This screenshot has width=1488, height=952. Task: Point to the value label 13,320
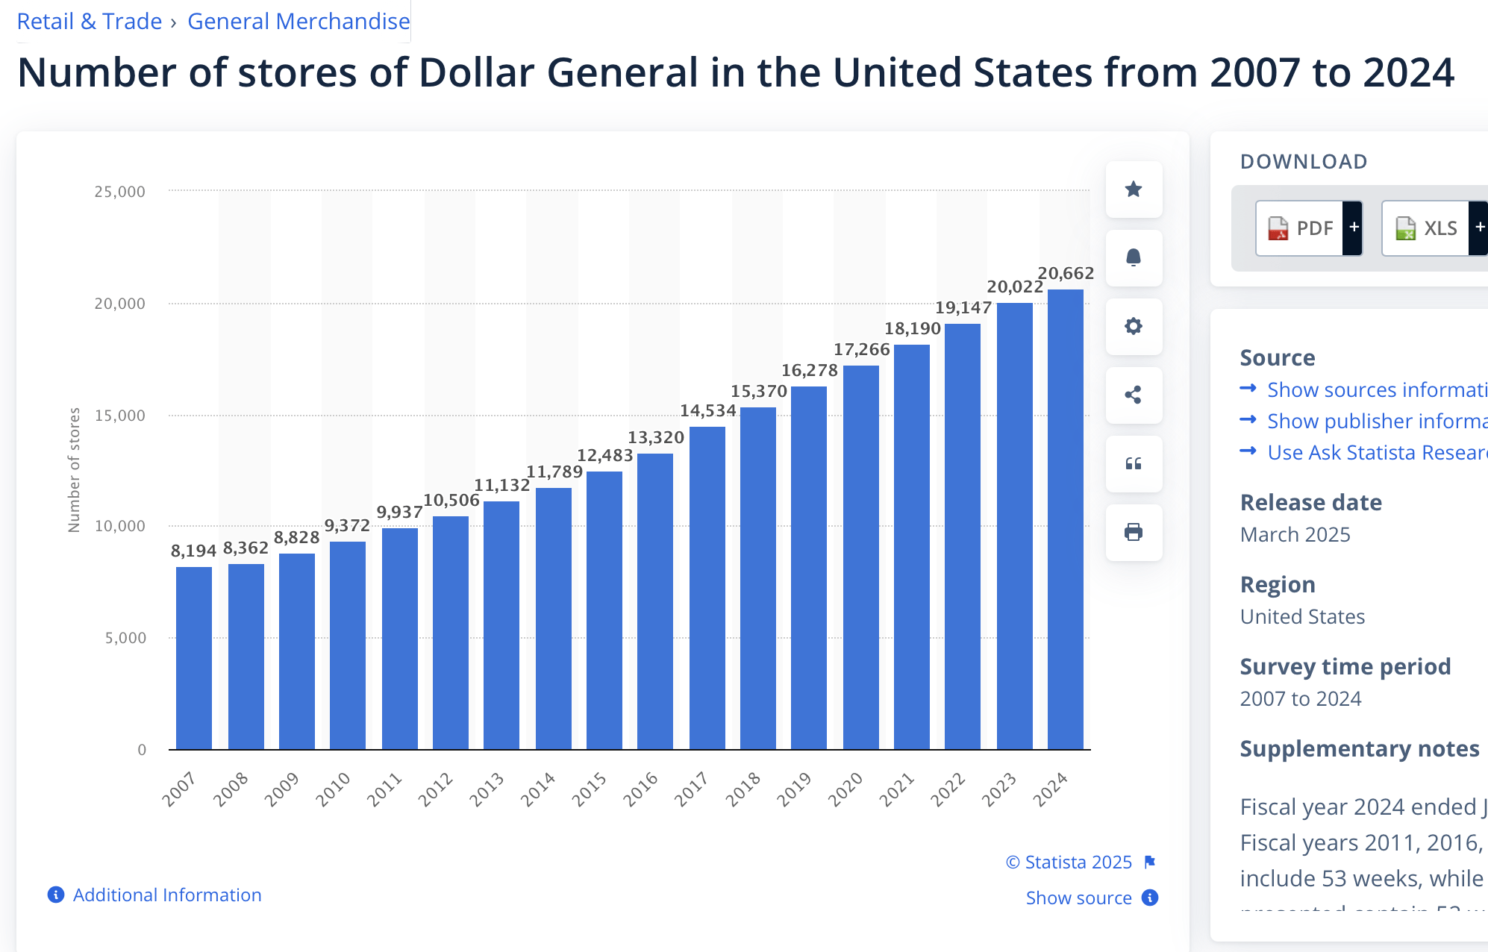tap(656, 438)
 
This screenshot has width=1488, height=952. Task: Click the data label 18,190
tap(913, 329)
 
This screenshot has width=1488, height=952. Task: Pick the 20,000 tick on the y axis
tap(119, 304)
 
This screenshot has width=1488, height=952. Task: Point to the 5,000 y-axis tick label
tap(125, 638)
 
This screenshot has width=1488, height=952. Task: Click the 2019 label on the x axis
tap(794, 789)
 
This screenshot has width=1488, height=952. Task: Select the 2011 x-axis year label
tap(384, 789)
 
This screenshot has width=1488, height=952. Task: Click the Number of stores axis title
tap(74, 470)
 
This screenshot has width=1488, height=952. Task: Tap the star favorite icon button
tap(1134, 190)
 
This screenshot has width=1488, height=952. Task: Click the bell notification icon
tap(1134, 258)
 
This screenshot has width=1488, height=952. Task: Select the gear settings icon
tap(1134, 327)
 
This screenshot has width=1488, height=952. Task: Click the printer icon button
tap(1134, 533)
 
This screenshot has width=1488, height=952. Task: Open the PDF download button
tap(1301, 228)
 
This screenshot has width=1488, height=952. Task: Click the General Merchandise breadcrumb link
tap(298, 22)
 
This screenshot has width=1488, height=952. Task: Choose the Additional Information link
tap(166, 895)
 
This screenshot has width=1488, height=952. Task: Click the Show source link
tap(1079, 898)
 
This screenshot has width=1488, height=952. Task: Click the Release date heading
tap(1310, 503)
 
